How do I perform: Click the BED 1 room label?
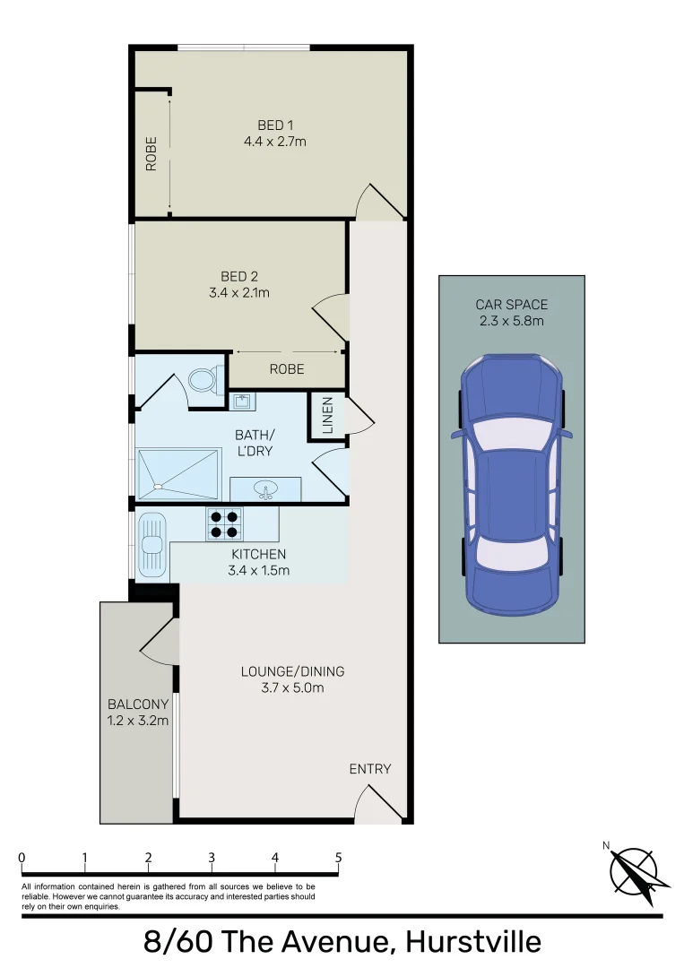click(x=275, y=125)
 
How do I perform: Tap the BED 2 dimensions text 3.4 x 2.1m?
click(x=239, y=292)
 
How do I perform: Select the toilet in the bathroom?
click(x=203, y=380)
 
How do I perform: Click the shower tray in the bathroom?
click(x=178, y=474)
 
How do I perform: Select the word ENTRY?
click(x=370, y=769)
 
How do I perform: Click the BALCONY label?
click(x=137, y=704)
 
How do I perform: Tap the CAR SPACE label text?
click(x=511, y=305)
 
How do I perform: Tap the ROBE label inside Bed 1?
click(x=152, y=153)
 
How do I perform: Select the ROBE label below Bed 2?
click(x=286, y=369)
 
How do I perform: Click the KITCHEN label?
click(x=258, y=555)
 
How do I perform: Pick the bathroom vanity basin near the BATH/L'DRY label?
click(x=264, y=490)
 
